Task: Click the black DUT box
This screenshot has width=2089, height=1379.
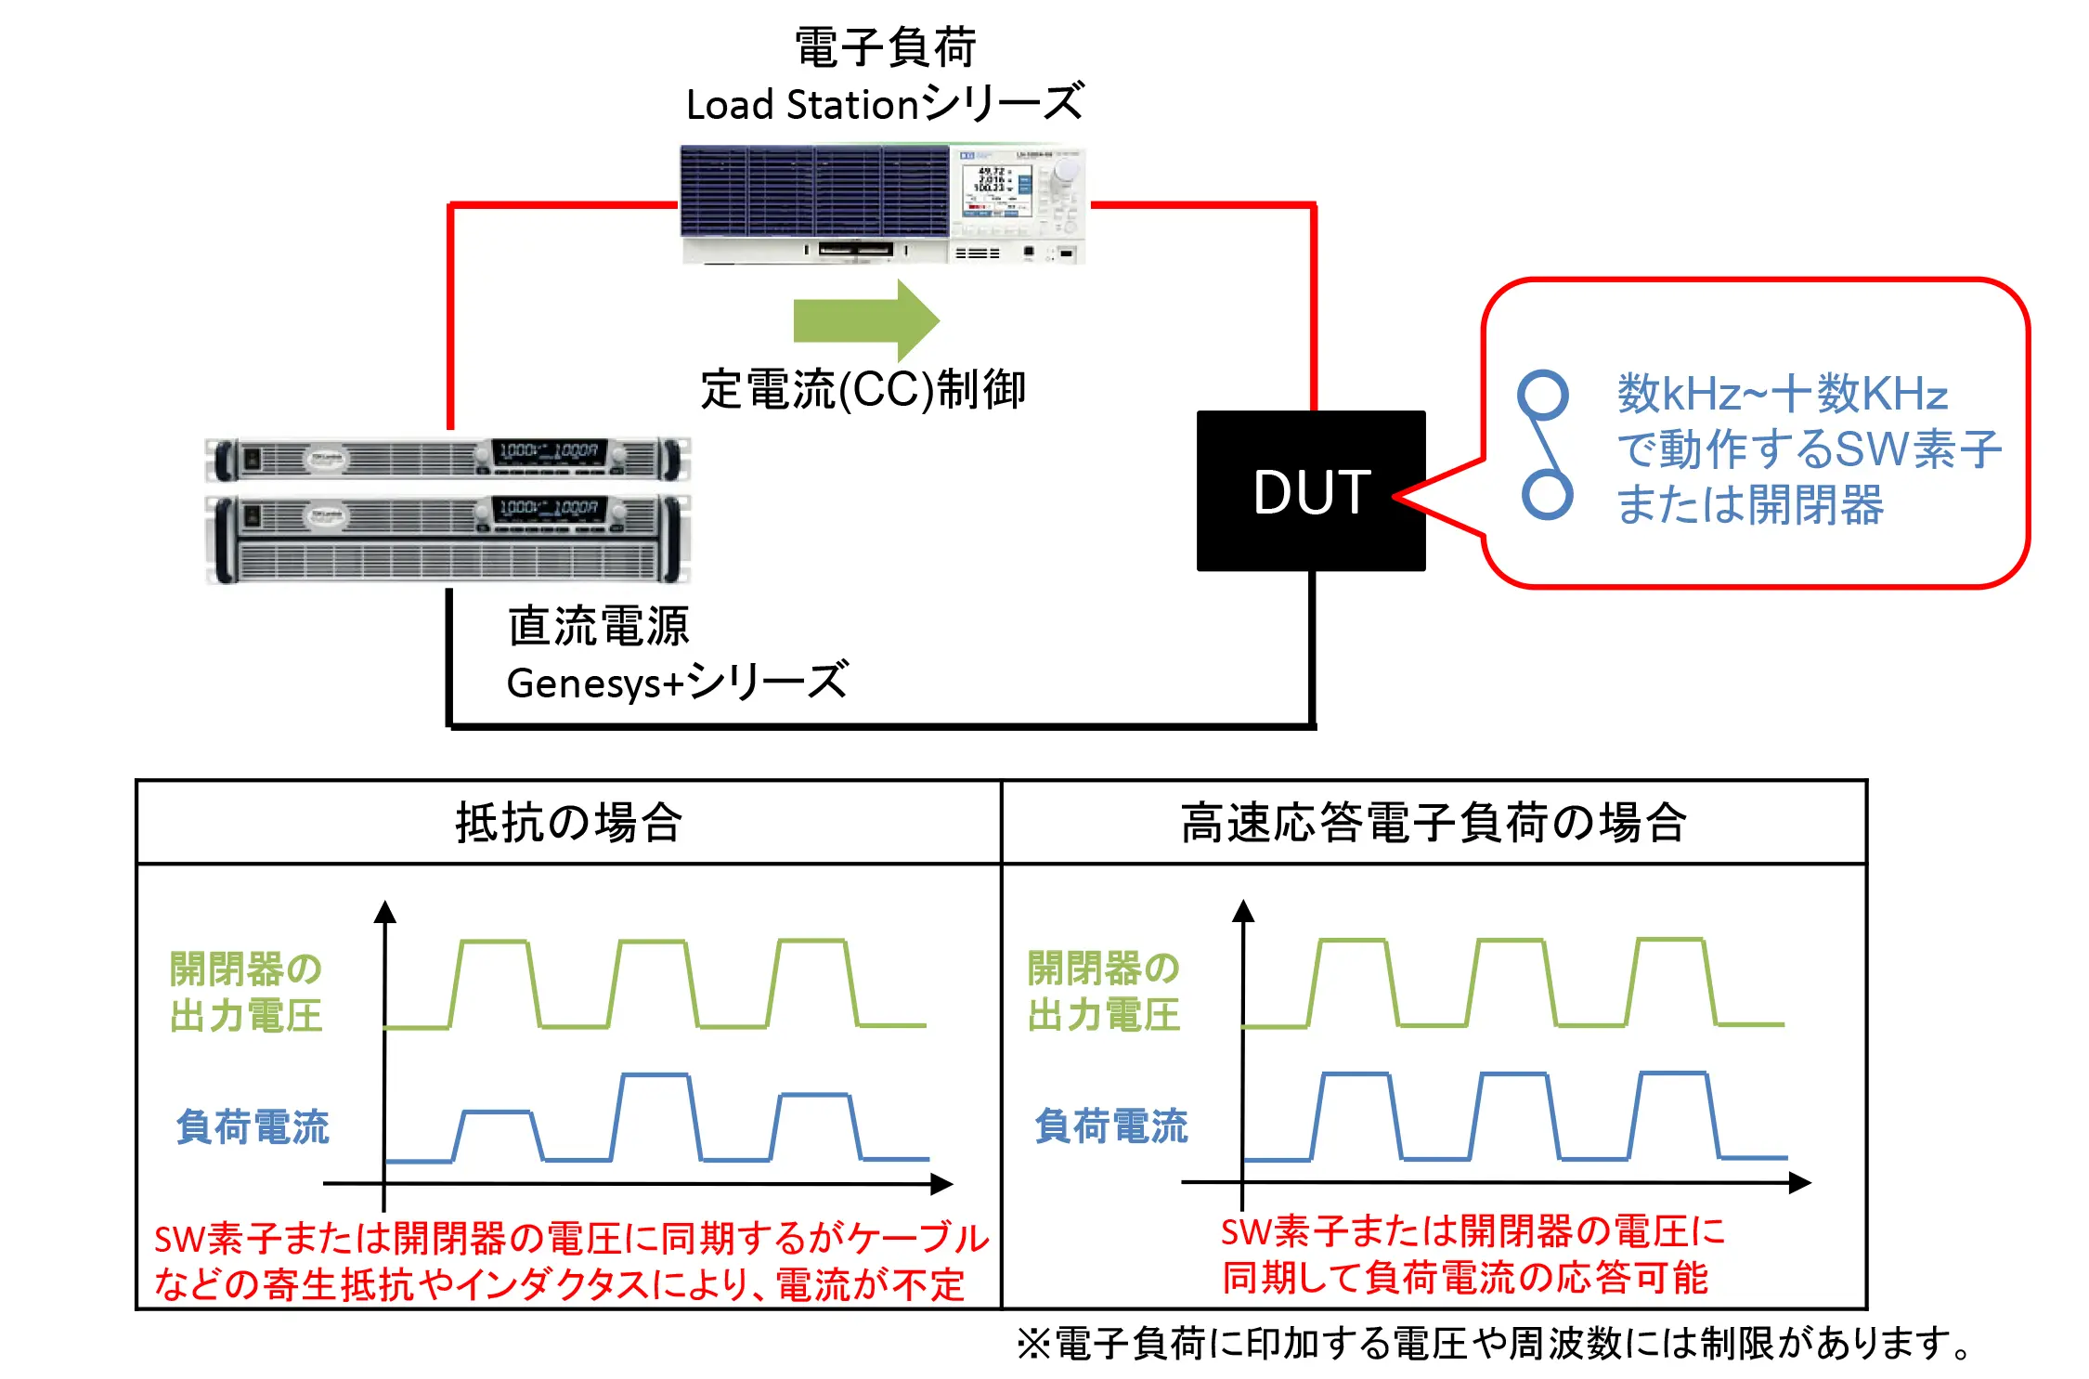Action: pyautogui.click(x=1310, y=490)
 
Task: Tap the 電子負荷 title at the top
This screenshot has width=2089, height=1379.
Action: pyautogui.click(x=885, y=47)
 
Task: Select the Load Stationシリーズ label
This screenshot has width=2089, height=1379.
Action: pyautogui.click(x=885, y=103)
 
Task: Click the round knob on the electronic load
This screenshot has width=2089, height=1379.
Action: pyautogui.click(x=1067, y=171)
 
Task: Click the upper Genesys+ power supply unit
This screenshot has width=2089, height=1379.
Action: pyautogui.click(x=448, y=459)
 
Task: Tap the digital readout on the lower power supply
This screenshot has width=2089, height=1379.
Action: pyautogui.click(x=549, y=508)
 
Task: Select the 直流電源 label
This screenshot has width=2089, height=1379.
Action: pyautogui.click(x=598, y=625)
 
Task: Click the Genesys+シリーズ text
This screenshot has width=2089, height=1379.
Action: pyautogui.click(x=676, y=683)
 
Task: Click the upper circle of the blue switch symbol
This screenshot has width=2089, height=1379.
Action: pyautogui.click(x=1542, y=394)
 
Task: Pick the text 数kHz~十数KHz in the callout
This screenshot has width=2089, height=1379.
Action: pyautogui.click(x=1782, y=394)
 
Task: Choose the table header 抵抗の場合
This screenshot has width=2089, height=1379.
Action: pyautogui.click(x=568, y=823)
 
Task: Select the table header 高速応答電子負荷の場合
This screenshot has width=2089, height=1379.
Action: pyautogui.click(x=1433, y=823)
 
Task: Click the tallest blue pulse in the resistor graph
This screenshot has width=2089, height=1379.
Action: pyautogui.click(x=655, y=1114)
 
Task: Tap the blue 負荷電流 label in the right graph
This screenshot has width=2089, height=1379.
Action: pyautogui.click(x=1110, y=1125)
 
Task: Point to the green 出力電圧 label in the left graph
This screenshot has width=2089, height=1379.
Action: pyautogui.click(x=246, y=1015)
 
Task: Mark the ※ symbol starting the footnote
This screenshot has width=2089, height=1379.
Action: pyautogui.click(x=1033, y=1344)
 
